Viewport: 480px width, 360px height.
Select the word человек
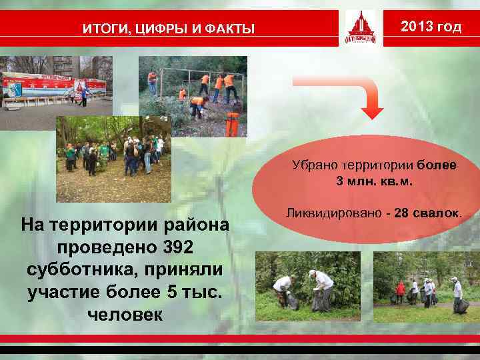click(124, 315)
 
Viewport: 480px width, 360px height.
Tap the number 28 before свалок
click(401, 213)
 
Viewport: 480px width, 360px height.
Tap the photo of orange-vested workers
click(193, 96)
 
